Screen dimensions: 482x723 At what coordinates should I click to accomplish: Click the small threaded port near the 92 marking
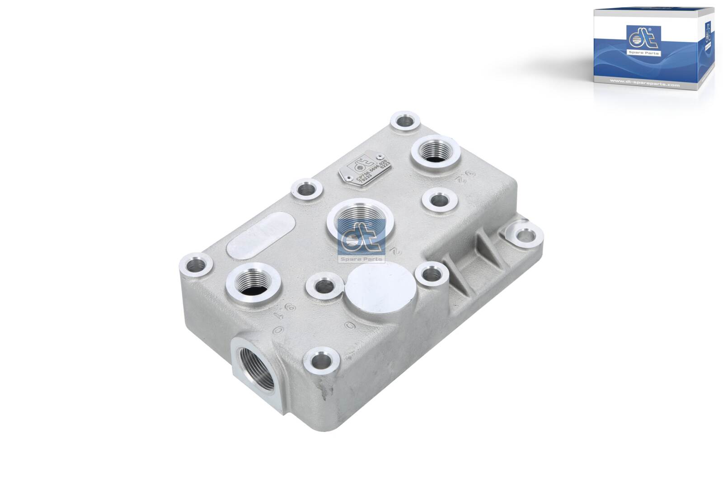coord(435,153)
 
